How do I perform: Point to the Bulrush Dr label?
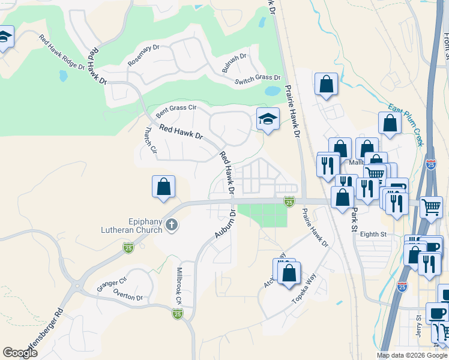click(x=234, y=63)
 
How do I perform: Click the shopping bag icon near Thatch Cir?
click(x=163, y=187)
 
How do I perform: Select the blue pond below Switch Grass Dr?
click(x=272, y=92)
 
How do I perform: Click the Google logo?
click(x=20, y=353)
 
